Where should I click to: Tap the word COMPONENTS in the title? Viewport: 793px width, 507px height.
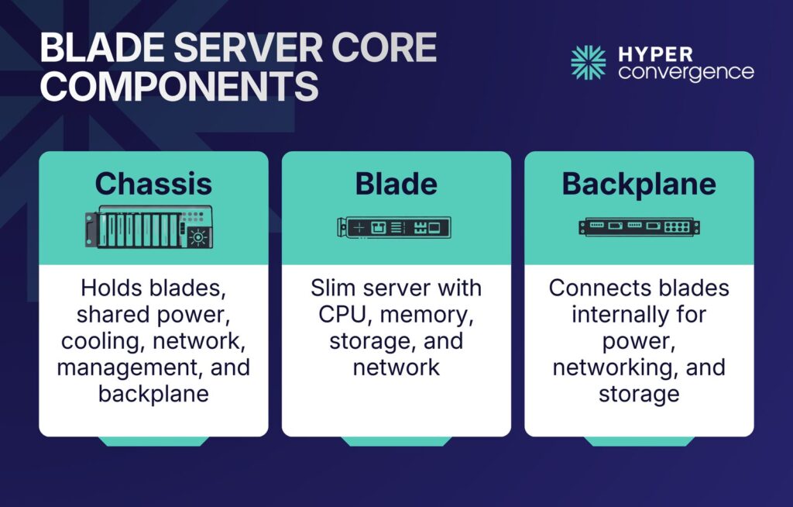179,87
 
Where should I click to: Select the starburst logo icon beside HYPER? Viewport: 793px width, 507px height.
589,63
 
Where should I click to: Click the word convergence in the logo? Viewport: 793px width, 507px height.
686,72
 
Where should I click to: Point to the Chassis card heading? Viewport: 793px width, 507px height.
153,184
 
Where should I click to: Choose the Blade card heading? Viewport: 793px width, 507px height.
396,184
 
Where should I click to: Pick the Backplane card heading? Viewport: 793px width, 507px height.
639,184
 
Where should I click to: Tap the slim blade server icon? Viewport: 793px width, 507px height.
394,227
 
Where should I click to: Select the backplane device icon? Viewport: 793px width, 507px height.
639,227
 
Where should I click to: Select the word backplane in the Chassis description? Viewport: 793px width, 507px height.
153,393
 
